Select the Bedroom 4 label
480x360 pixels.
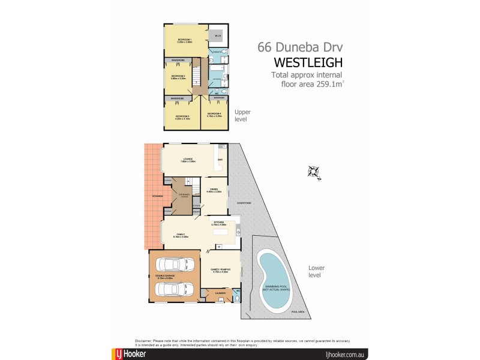pos(215,114)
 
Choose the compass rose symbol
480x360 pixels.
pos(314,171)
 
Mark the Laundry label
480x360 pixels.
pos(220,293)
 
